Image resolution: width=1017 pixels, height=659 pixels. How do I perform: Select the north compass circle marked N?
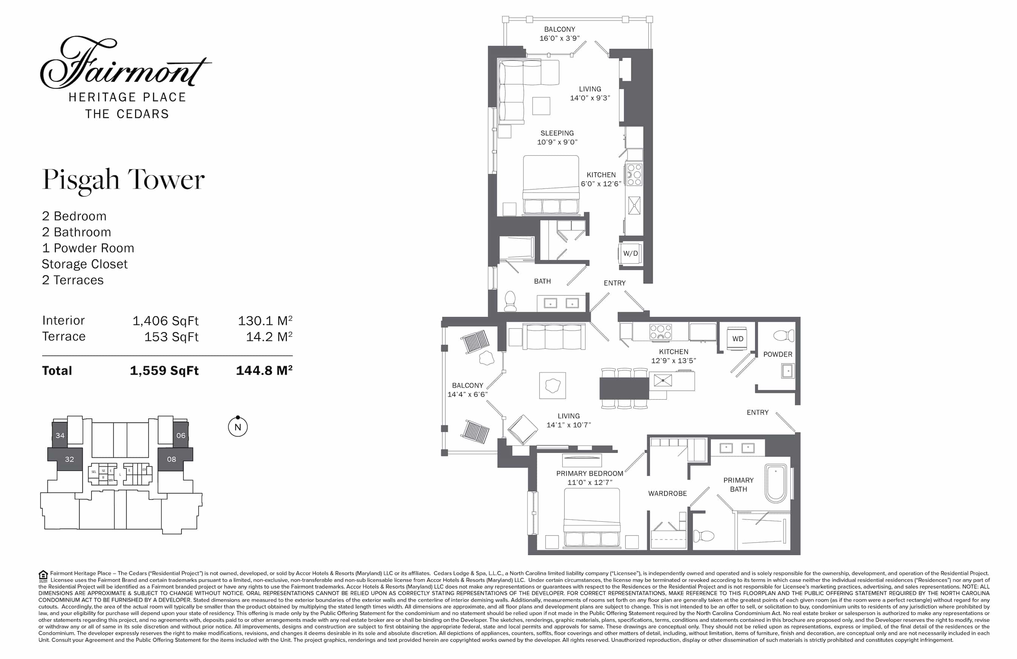pos(238,426)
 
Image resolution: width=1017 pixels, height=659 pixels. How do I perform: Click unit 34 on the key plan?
pos(60,435)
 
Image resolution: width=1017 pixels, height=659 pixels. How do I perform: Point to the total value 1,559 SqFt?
pos(164,371)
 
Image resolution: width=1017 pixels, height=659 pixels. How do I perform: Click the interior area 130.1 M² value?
pos(265,321)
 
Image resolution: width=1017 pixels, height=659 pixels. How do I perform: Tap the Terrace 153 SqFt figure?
pos(171,337)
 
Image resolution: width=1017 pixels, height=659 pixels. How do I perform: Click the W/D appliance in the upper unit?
pos(630,253)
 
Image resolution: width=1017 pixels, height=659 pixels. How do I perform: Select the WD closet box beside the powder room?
pos(738,339)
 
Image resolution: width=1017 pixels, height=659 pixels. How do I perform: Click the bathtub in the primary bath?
pos(776,484)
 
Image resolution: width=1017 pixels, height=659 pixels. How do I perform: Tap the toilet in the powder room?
pos(784,335)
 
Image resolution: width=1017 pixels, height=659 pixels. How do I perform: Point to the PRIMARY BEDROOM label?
pos(590,474)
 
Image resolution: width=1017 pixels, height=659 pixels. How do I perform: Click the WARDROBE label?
pos(667,493)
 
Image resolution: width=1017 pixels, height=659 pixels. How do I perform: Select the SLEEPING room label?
pos(557,133)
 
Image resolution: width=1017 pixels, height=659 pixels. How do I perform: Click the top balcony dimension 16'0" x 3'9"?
pos(559,38)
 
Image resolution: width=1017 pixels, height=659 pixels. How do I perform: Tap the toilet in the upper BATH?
pos(510,301)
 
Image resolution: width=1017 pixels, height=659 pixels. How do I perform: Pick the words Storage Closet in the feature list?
pos(85,264)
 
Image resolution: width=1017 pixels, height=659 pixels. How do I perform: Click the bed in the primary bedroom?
pos(592,518)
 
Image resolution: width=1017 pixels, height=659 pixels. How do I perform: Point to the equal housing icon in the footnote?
pos(43,576)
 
